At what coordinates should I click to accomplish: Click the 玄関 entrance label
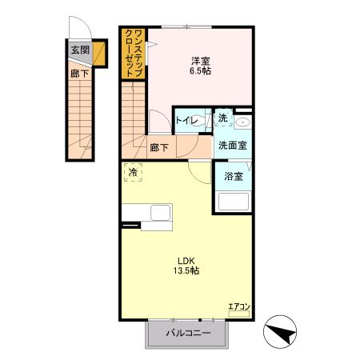tap(80, 50)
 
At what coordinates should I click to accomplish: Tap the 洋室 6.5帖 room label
tap(201, 66)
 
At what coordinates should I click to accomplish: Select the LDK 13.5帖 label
tap(186, 266)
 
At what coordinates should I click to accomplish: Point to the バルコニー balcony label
tap(189, 333)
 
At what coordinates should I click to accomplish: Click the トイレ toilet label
tap(187, 121)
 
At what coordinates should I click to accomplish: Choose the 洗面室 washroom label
tap(233, 146)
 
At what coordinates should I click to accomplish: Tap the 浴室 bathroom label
tap(234, 176)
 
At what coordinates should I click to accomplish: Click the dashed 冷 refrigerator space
tap(133, 173)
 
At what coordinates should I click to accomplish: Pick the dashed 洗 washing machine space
tap(223, 118)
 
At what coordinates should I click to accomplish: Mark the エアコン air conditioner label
tap(239, 306)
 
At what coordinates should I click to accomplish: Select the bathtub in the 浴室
tap(234, 202)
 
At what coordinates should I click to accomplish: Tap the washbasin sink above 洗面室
tap(243, 122)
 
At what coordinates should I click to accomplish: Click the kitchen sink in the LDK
tap(161, 213)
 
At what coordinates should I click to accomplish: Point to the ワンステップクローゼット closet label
tap(134, 54)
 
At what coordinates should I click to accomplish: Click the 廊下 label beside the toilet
tap(159, 147)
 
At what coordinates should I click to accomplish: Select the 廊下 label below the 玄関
tap(79, 74)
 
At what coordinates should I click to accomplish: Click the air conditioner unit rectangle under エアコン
tap(239, 314)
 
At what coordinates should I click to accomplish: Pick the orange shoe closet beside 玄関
tap(98, 54)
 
